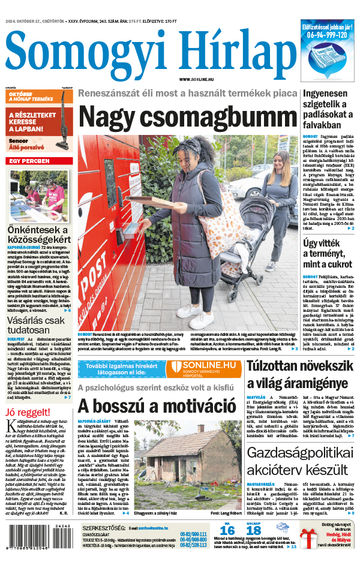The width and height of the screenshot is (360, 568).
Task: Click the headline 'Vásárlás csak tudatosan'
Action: pos(36,324)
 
